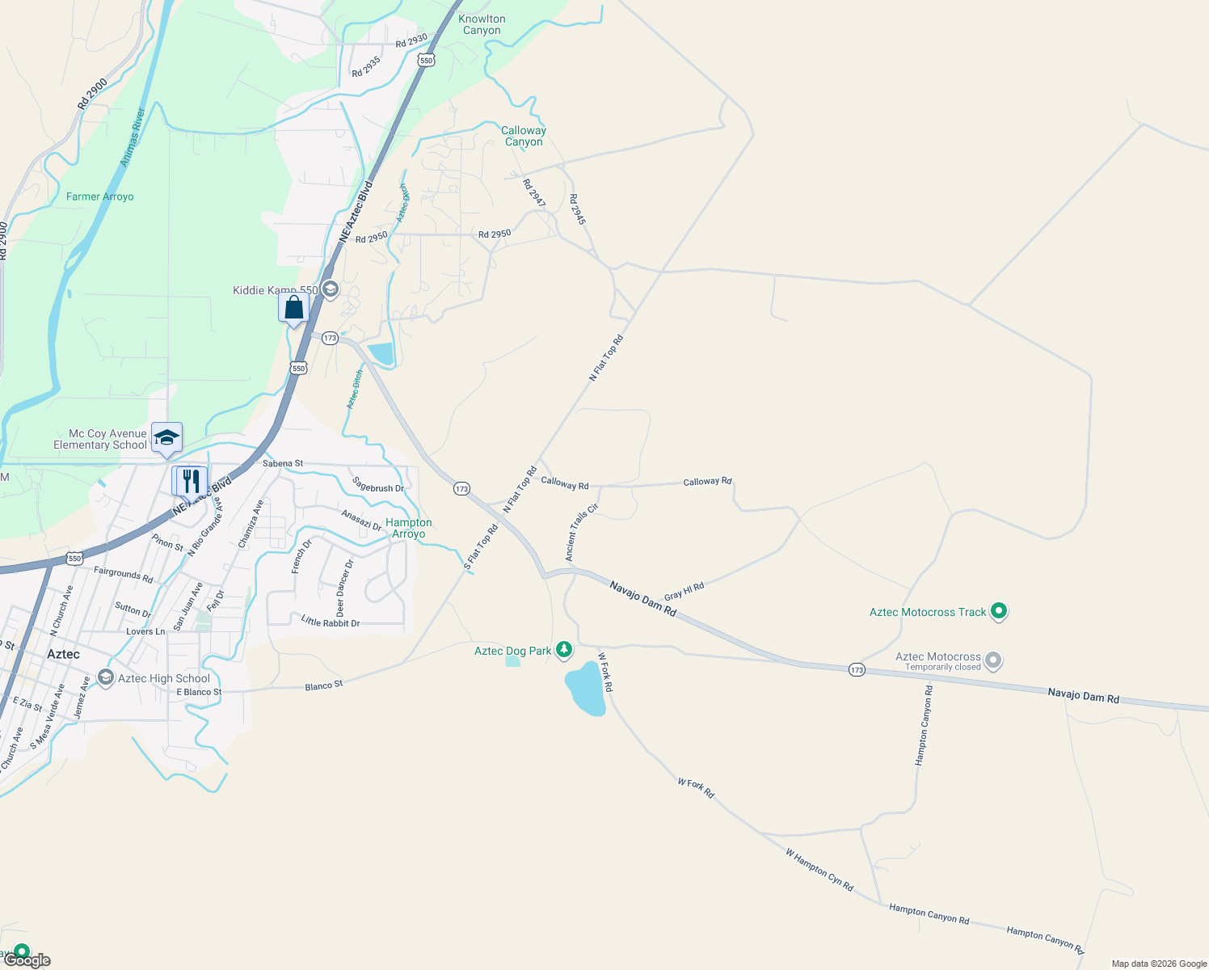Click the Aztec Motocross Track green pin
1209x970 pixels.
click(999, 612)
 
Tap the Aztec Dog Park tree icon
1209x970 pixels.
click(564, 650)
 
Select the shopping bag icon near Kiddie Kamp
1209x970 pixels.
click(294, 308)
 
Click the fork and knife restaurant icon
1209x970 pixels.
click(190, 481)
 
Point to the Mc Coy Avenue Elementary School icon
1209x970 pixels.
click(166, 438)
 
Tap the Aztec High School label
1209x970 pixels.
click(163, 678)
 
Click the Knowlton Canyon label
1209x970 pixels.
click(482, 25)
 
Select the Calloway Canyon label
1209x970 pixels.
click(524, 136)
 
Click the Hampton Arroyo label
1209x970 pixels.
click(409, 528)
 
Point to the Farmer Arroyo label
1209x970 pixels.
click(100, 196)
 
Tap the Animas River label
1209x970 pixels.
click(132, 137)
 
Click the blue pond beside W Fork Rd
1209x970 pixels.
click(585, 689)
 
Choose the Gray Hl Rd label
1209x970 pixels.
click(684, 591)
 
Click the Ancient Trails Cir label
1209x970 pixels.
click(581, 532)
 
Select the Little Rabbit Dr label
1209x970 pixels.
click(330, 622)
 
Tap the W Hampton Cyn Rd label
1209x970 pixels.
click(819, 870)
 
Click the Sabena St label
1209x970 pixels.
click(283, 463)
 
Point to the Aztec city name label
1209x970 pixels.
click(63, 654)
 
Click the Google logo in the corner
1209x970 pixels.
click(27, 960)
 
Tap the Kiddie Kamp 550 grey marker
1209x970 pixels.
click(330, 289)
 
